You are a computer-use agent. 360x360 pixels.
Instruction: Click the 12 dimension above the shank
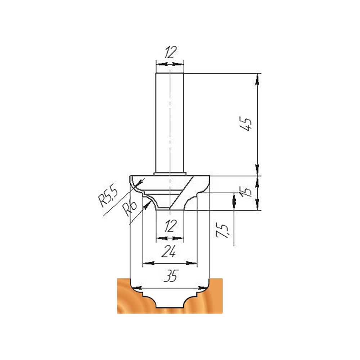(170, 52)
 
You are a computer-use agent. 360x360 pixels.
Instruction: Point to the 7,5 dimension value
(222, 230)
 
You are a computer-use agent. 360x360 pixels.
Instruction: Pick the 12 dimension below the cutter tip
(170, 226)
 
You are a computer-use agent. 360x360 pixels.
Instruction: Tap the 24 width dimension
(169, 251)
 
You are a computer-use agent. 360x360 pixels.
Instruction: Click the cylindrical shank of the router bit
(170, 123)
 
